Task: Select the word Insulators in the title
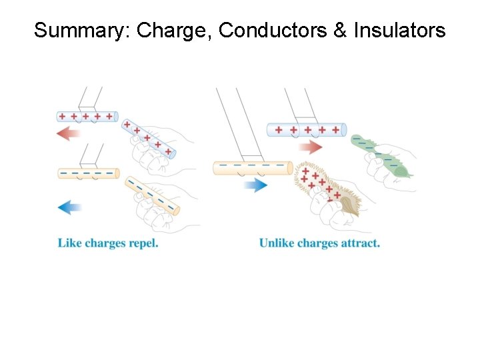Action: coord(400,31)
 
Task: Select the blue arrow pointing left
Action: coord(69,207)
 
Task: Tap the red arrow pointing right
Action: coord(311,147)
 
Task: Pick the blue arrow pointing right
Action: coord(255,185)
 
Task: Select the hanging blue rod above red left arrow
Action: coord(87,117)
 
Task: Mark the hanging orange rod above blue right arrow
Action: coord(252,167)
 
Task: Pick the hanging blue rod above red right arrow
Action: coord(306,129)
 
